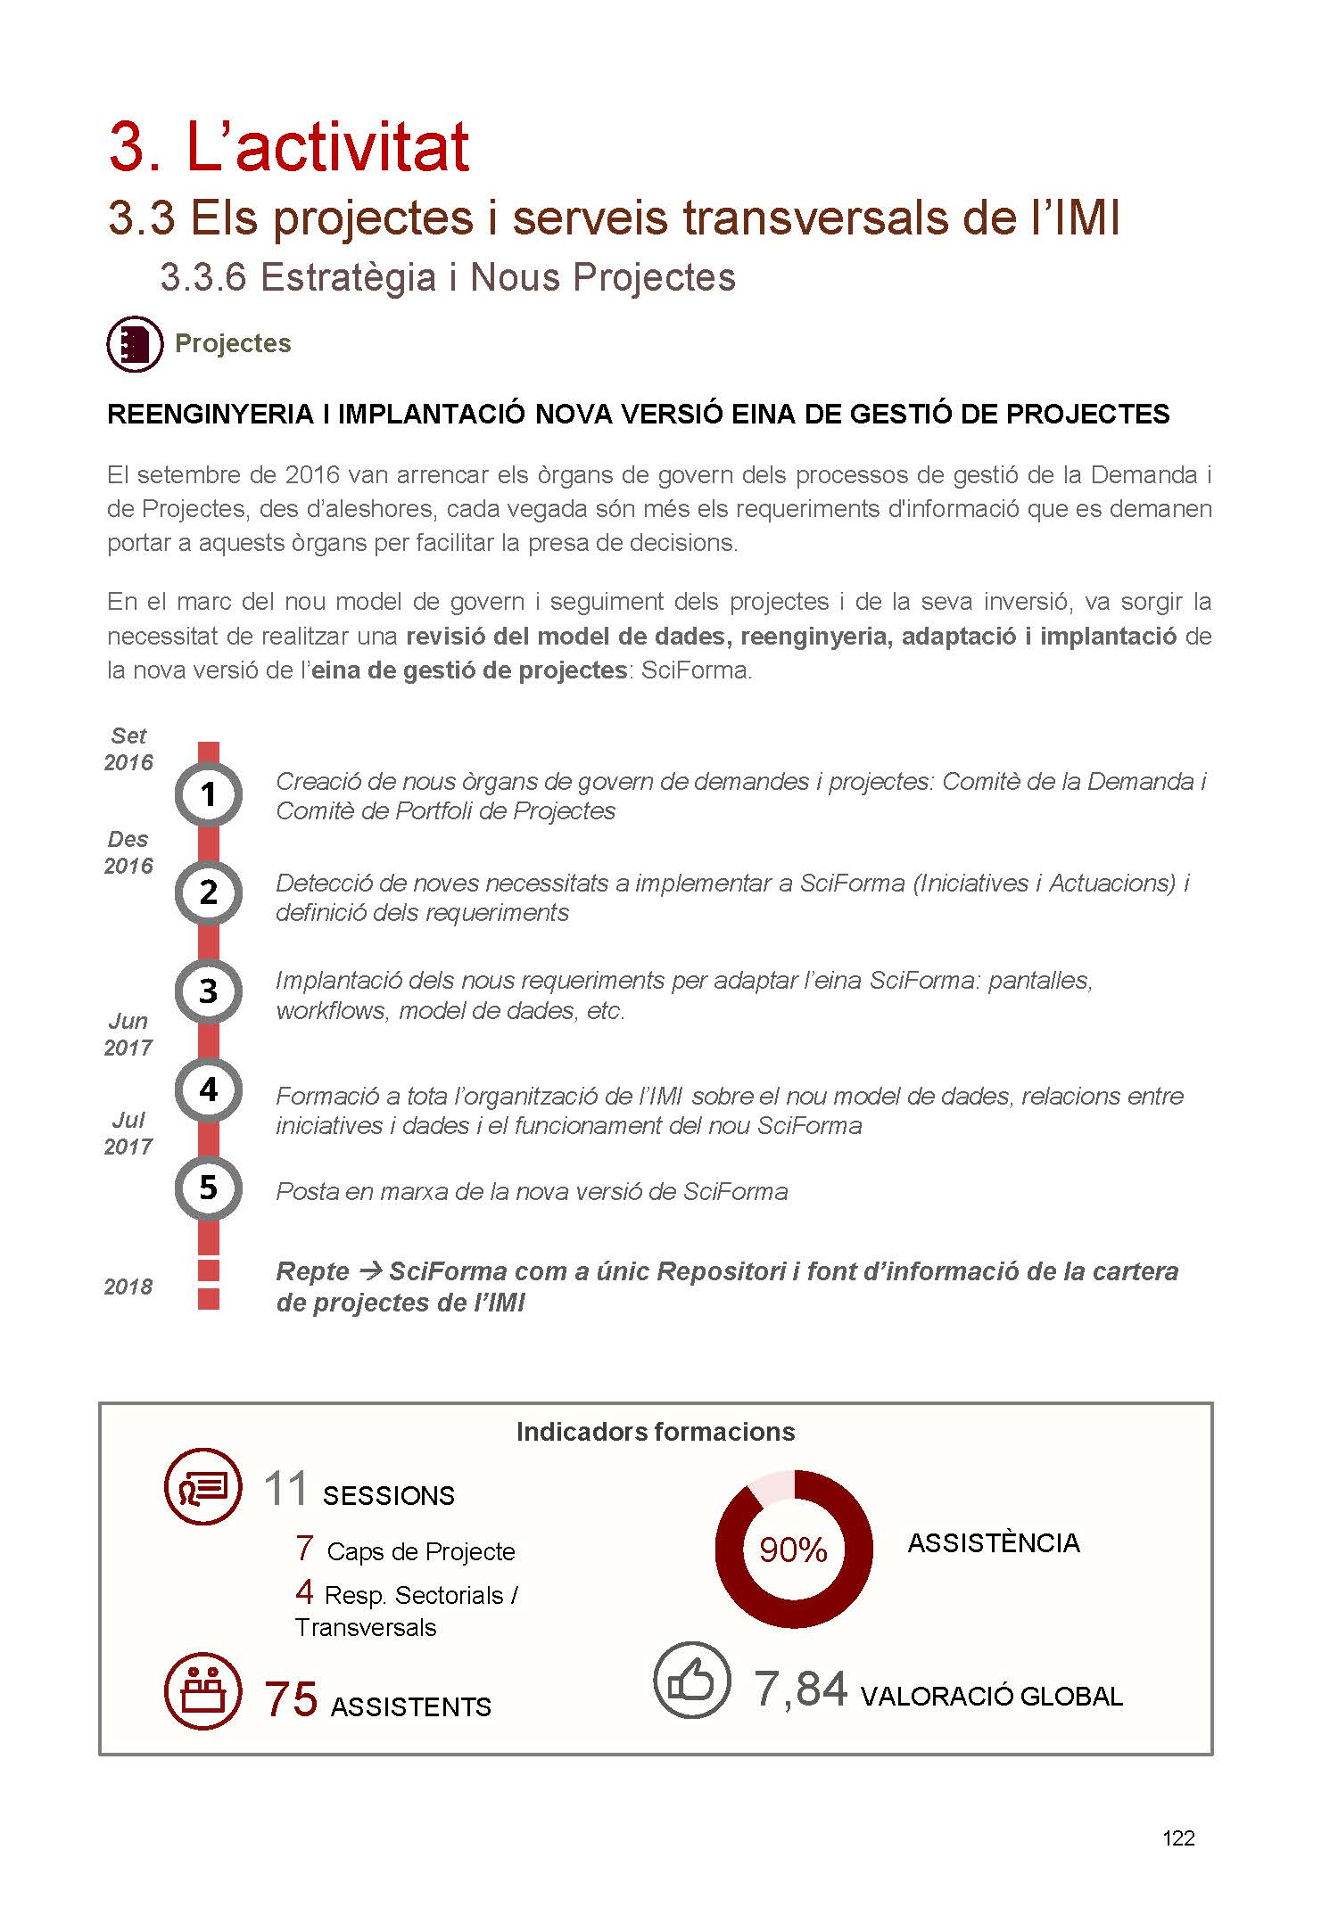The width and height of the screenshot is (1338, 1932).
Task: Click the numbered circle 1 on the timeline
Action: coord(208,793)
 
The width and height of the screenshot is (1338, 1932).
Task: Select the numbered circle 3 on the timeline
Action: coord(208,991)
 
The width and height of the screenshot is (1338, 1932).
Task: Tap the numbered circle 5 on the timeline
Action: coord(208,1188)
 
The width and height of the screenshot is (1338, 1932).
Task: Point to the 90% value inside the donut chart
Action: coord(793,1550)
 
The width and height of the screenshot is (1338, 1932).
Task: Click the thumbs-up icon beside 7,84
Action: coord(691,1680)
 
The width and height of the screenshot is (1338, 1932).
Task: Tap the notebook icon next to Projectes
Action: coord(135,344)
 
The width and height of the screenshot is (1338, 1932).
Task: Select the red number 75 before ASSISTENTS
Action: coord(291,1698)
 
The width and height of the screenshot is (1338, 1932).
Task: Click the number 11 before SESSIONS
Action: coord(286,1490)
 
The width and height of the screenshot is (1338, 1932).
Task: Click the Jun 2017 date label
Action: coord(128,1034)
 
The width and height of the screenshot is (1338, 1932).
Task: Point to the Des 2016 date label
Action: coord(128,852)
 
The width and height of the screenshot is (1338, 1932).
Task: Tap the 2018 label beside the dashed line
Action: coord(128,1287)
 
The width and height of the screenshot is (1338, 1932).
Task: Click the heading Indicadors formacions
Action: coord(656,1432)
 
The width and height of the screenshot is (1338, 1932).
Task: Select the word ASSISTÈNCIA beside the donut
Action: coord(994,1543)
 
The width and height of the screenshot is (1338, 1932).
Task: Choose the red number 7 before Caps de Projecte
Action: coord(304,1549)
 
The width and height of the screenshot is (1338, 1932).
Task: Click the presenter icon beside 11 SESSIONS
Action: coord(203,1486)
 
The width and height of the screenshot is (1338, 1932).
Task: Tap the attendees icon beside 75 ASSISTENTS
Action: coord(203,1690)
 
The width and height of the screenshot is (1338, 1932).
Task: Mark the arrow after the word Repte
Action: coord(370,1270)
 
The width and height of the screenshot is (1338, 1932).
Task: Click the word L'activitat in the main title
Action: coord(327,147)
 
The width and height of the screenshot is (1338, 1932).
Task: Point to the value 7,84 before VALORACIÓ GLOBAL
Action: coord(800,1689)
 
